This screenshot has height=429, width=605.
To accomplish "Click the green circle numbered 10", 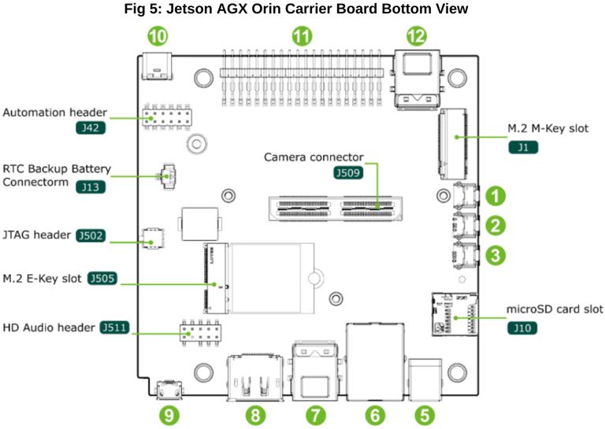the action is [x=158, y=36].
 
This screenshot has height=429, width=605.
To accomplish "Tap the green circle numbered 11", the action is [x=302, y=36].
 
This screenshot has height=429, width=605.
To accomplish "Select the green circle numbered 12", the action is [x=417, y=36].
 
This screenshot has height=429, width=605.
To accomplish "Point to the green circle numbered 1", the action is [x=496, y=196].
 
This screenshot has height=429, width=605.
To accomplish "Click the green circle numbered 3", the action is [x=496, y=255].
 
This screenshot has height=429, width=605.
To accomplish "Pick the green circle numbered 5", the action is [x=425, y=416].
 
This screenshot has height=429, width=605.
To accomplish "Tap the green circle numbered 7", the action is [x=316, y=416].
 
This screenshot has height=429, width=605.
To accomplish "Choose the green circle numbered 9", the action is [x=169, y=416].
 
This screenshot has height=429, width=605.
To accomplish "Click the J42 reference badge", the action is [x=91, y=128].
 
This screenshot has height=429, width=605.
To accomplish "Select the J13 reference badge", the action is [x=91, y=187].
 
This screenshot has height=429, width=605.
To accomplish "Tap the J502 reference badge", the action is [x=91, y=235].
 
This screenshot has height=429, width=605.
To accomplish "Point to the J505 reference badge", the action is [x=102, y=279].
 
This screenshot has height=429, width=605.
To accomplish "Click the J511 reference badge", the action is [x=114, y=327].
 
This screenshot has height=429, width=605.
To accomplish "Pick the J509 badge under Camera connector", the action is [x=348, y=172].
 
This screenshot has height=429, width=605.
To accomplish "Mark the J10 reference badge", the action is [x=522, y=328].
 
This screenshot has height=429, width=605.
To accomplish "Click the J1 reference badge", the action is [x=523, y=147].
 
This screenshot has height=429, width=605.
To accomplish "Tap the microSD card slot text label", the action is [x=554, y=309].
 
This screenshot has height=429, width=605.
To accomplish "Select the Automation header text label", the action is [x=55, y=113].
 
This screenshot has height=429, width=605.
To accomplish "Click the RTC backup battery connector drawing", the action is [x=166, y=176].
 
